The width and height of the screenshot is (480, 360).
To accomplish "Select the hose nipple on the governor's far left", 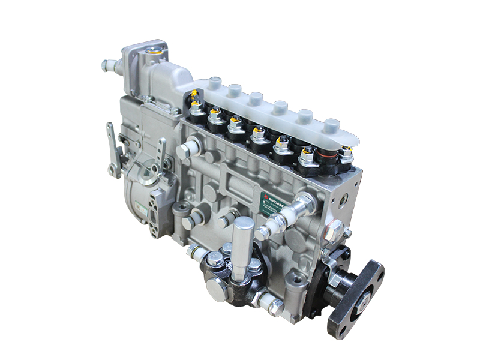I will pos(108,64).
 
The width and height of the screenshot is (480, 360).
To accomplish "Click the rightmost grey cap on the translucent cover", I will pos(331,126).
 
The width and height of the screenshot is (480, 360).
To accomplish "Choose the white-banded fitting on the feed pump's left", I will pos(196,253).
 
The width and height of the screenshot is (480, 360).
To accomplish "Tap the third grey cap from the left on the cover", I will pos(256,98).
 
